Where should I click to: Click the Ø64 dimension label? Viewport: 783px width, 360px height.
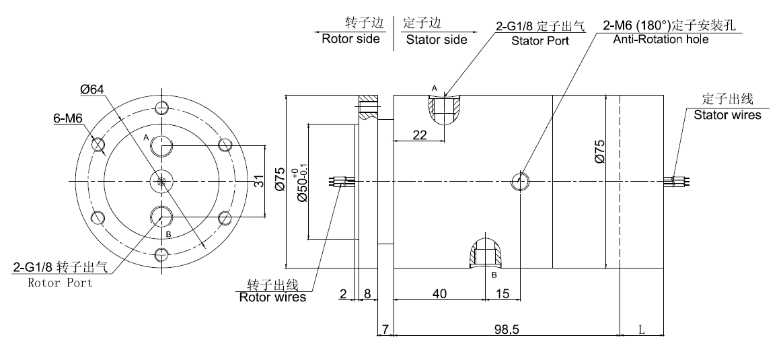point(92,89)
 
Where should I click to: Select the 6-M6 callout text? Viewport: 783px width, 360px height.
point(67,118)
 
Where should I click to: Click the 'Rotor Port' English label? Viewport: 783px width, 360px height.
point(60,283)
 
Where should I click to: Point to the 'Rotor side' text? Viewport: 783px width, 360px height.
point(350,38)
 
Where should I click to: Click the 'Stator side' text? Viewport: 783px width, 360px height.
point(437,40)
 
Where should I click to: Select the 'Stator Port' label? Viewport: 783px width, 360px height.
point(540,40)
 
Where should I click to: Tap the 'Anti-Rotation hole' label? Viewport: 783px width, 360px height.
point(661,39)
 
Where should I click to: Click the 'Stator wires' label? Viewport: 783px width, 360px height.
point(727,115)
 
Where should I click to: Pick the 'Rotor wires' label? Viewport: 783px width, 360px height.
point(272,297)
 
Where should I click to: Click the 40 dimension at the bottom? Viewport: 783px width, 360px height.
point(439,293)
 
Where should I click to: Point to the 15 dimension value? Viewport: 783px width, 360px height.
point(502,293)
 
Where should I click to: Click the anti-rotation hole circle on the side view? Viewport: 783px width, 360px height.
point(521,181)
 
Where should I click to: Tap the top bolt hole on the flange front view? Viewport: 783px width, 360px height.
point(161,108)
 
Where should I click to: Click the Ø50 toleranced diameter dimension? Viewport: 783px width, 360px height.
point(302,181)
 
